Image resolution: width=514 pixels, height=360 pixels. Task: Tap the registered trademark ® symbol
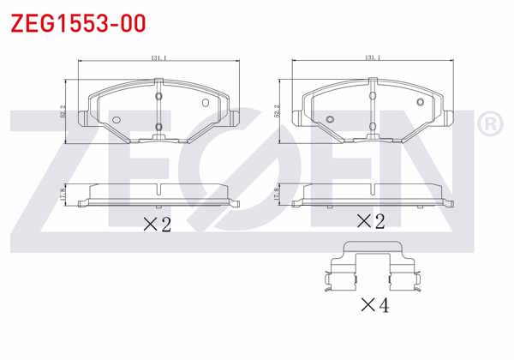(x=489, y=124)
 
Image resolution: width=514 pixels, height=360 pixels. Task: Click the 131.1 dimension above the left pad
(x=158, y=58)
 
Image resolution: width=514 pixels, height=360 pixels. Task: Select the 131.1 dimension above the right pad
(x=373, y=58)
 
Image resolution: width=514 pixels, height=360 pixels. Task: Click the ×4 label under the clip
(x=374, y=303)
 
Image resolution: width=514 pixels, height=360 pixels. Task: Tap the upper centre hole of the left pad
(x=158, y=96)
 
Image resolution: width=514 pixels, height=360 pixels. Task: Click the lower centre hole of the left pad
(x=158, y=129)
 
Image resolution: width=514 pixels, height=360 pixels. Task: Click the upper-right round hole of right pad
(x=421, y=103)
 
